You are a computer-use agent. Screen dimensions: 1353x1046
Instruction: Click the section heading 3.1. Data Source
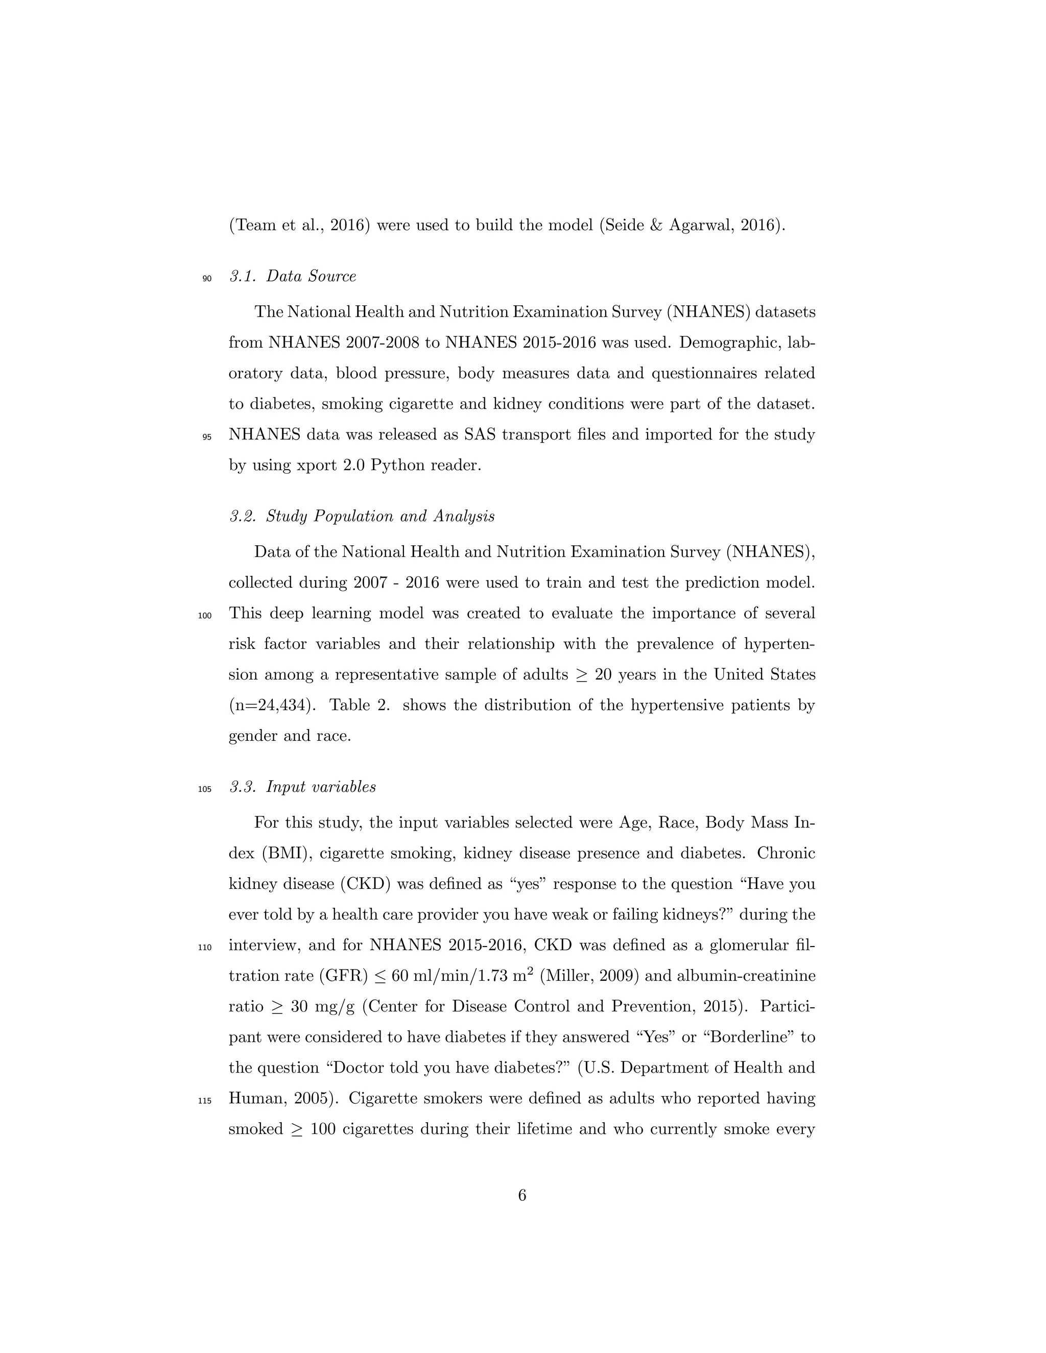293,276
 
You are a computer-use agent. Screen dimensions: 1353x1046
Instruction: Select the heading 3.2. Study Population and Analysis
362,516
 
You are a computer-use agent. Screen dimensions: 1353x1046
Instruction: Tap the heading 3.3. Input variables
302,787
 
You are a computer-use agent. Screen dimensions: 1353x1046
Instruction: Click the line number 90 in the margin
207,279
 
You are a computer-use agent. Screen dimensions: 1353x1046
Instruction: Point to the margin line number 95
207,437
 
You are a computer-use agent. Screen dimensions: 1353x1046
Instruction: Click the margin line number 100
205,616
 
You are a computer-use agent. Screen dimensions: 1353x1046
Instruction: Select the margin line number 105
205,789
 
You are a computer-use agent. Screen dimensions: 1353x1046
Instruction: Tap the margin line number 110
205,947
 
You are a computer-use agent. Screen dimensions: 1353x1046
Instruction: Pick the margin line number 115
205,1101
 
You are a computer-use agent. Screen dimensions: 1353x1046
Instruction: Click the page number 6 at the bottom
522,1195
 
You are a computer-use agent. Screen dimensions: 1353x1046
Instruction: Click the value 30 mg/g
323,1007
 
